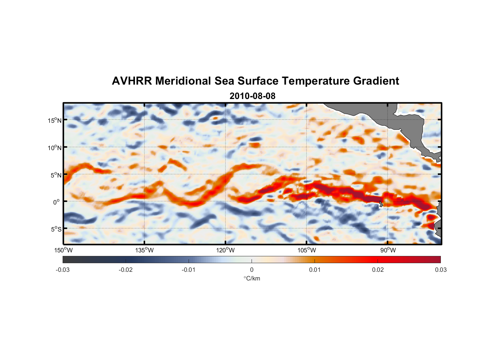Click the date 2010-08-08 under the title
point(252,96)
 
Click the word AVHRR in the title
point(132,81)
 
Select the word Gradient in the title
point(376,81)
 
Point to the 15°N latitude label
point(54,120)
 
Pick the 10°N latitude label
point(54,148)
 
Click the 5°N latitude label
point(56,175)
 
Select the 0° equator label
point(57,202)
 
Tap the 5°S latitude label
point(56,229)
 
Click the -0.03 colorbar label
point(63,270)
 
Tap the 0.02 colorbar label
point(378,270)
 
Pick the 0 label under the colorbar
point(252,270)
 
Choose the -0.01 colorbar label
point(189,270)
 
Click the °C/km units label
point(252,278)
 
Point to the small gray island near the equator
point(381,204)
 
